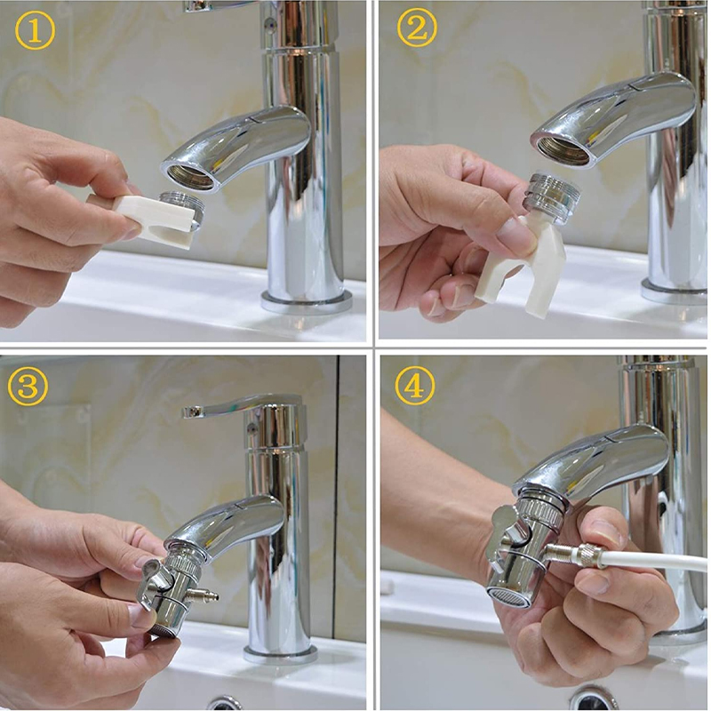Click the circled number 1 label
click(x=35, y=31)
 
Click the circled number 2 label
click(x=417, y=31)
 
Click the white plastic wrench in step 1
click(x=151, y=218)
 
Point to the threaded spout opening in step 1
click(x=189, y=176)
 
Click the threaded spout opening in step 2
click(x=562, y=150)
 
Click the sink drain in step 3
click(x=224, y=702)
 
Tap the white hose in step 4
click(x=658, y=561)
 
